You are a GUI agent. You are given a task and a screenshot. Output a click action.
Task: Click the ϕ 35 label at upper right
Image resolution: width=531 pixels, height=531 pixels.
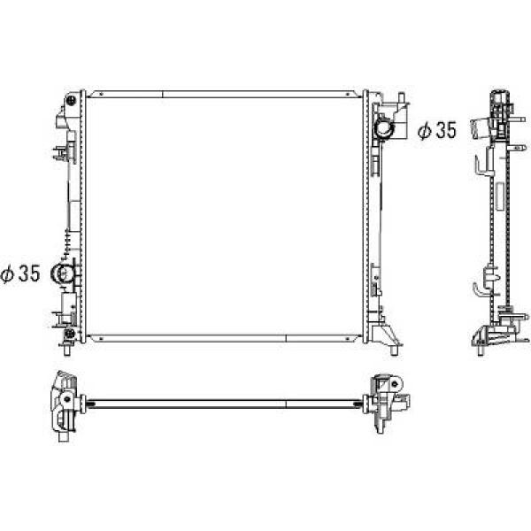pos(437,131)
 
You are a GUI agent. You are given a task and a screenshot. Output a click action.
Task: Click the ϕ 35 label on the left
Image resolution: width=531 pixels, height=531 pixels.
pos(20,273)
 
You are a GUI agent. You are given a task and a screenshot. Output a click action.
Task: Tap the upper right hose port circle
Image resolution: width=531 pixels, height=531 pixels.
pos(384,129)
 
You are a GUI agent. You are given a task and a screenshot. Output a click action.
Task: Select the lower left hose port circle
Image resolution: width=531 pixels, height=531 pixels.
pos(62,273)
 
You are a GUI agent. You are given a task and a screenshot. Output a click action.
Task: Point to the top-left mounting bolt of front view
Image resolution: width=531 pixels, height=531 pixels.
pos(72,100)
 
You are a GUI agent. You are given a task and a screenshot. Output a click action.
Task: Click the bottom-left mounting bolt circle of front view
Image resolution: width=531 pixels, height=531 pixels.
pos(70,334)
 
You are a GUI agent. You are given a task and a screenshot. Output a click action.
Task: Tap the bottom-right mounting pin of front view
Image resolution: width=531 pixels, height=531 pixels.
pos(394,350)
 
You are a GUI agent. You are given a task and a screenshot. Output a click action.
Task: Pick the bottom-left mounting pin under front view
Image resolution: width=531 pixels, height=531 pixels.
pos(67,350)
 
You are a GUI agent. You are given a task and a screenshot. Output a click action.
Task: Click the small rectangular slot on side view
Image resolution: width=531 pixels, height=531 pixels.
pos(499,196)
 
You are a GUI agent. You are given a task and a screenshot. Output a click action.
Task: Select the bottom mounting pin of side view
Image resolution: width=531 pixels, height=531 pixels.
pos(481,350)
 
